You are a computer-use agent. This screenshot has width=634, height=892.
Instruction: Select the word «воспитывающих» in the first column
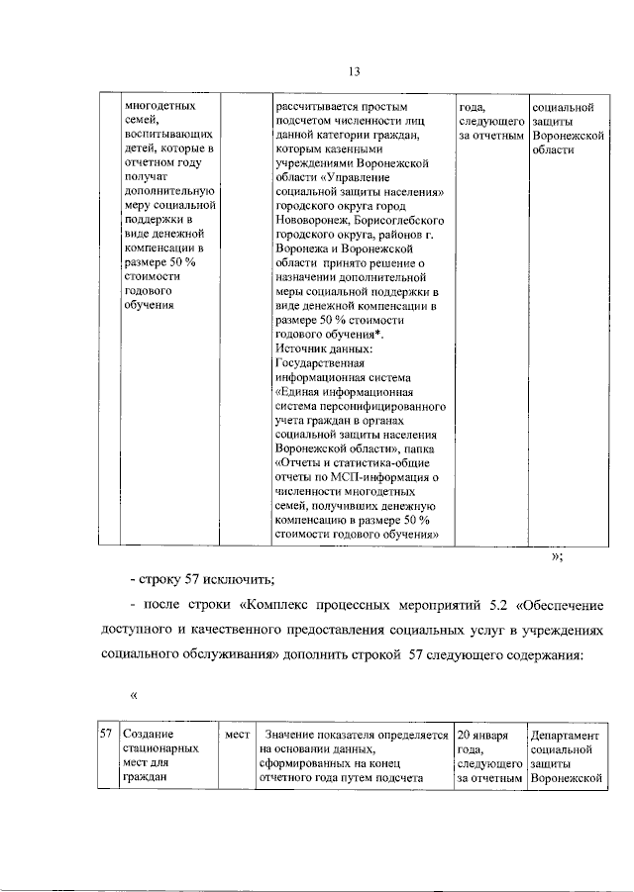159,134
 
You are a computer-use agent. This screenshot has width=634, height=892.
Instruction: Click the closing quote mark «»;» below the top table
558,557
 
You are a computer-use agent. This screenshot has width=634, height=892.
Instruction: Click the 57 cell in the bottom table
105,736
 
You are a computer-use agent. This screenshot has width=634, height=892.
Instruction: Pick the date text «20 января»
483,736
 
